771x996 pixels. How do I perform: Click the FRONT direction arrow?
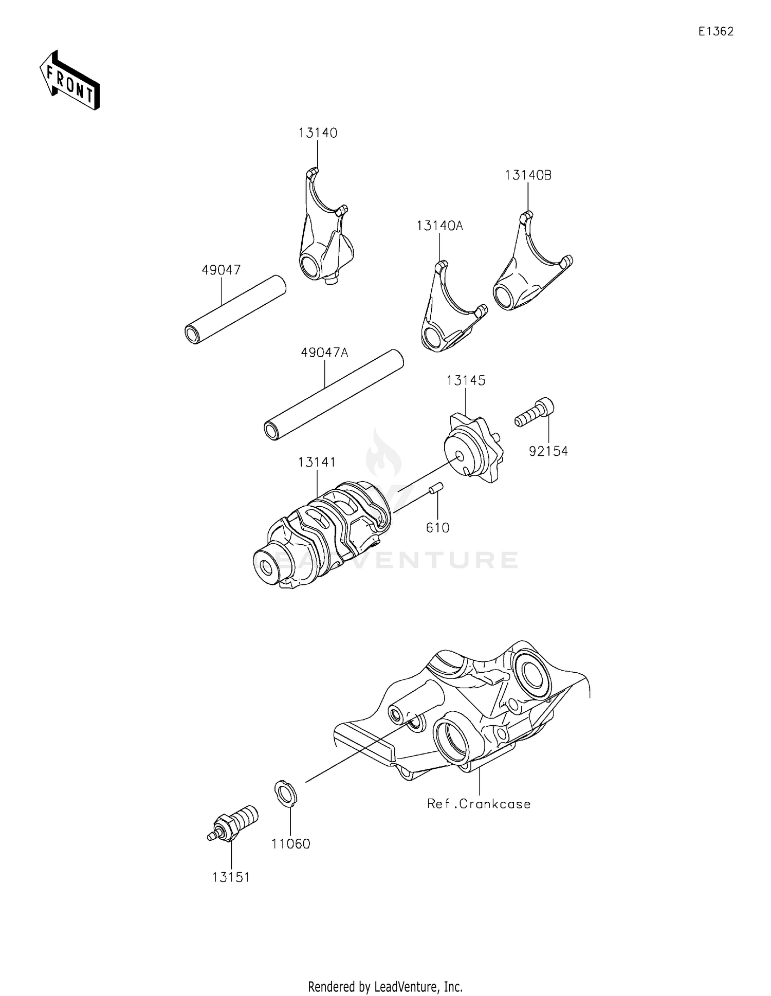point(69,80)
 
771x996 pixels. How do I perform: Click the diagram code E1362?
point(715,31)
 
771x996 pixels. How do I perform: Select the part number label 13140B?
point(528,175)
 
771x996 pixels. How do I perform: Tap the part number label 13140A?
point(439,226)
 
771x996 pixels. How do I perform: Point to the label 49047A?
point(324,353)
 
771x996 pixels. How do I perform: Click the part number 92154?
point(548,451)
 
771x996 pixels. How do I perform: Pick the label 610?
point(437,527)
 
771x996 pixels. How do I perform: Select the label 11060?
point(291,843)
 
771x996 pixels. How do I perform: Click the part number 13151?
point(231,877)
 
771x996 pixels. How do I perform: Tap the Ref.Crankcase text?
point(479,803)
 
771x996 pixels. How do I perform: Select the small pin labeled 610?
point(436,487)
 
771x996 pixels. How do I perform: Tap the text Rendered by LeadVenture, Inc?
point(385,986)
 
